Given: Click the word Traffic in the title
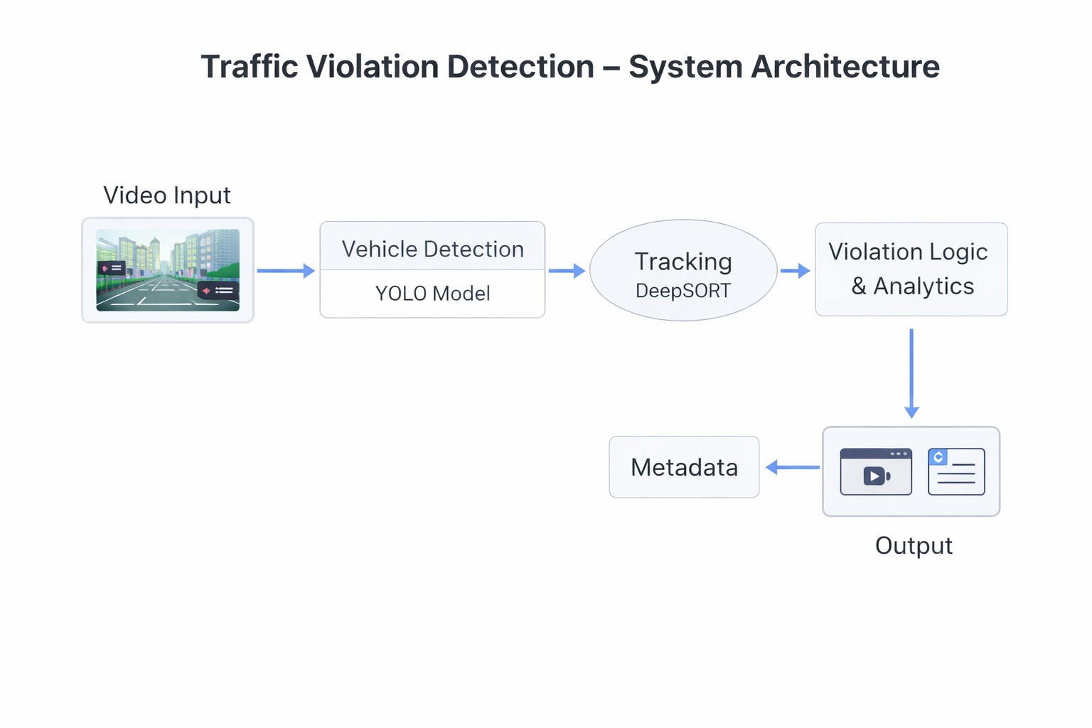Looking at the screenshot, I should (250, 67).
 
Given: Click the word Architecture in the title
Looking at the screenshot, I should (845, 67).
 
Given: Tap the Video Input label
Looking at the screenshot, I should (167, 196).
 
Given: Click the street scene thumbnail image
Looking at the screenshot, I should (168, 270).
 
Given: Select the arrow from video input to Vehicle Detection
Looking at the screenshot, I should (285, 271).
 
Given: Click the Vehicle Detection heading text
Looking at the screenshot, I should (432, 250).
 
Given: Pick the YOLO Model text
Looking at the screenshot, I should (432, 294).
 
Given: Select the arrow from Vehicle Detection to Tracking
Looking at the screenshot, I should (567, 271).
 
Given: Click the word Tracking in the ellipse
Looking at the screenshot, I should (683, 262).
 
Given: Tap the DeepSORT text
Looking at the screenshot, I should (683, 291).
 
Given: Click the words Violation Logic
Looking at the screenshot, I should (908, 252).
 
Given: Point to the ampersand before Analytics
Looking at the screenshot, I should (859, 286).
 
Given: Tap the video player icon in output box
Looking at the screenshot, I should (876, 472).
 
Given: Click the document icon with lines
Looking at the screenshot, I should (956, 471).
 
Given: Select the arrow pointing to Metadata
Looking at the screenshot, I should (792, 467).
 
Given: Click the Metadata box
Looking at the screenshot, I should (684, 467).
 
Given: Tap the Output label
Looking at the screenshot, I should (914, 546).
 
